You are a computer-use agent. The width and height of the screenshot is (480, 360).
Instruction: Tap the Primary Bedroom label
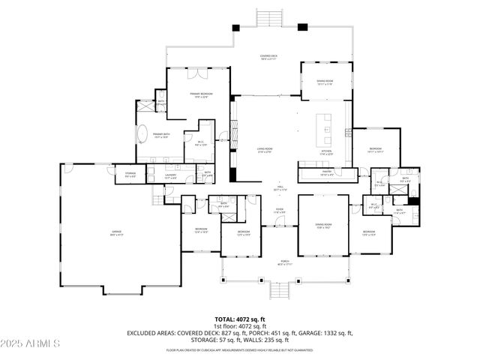(x=197, y=94)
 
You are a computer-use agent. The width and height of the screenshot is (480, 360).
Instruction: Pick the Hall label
(x=278, y=188)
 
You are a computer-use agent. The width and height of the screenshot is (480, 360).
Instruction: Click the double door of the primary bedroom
(x=193, y=73)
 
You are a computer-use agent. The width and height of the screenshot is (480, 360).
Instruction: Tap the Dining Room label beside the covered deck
(x=324, y=85)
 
